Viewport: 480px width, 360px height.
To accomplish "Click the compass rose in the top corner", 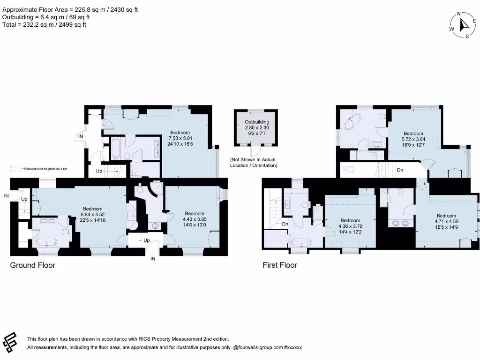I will tap(463, 25).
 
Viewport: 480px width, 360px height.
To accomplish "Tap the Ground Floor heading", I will tap(33, 265).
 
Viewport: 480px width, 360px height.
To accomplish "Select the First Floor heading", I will tap(280, 265).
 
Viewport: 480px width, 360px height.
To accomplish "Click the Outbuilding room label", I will tap(257, 122).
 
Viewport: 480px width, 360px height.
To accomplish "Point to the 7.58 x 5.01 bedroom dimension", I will tap(180, 138).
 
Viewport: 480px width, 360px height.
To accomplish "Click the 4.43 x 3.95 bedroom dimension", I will tap(195, 219).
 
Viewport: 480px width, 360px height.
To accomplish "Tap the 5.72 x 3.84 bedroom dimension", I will tap(413, 140).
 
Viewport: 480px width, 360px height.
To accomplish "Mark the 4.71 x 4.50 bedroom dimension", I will tap(446, 222).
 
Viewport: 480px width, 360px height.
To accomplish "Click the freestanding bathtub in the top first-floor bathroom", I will tap(350, 122).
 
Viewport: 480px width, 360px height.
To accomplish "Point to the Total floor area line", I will tap(45, 25).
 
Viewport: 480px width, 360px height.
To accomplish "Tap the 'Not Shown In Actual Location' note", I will tap(253, 163).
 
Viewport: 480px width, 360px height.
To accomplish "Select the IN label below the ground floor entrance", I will tap(152, 258).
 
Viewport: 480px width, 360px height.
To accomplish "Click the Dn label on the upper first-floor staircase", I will tap(400, 170).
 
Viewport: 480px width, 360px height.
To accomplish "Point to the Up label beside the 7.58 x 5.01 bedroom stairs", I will tap(99, 171).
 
